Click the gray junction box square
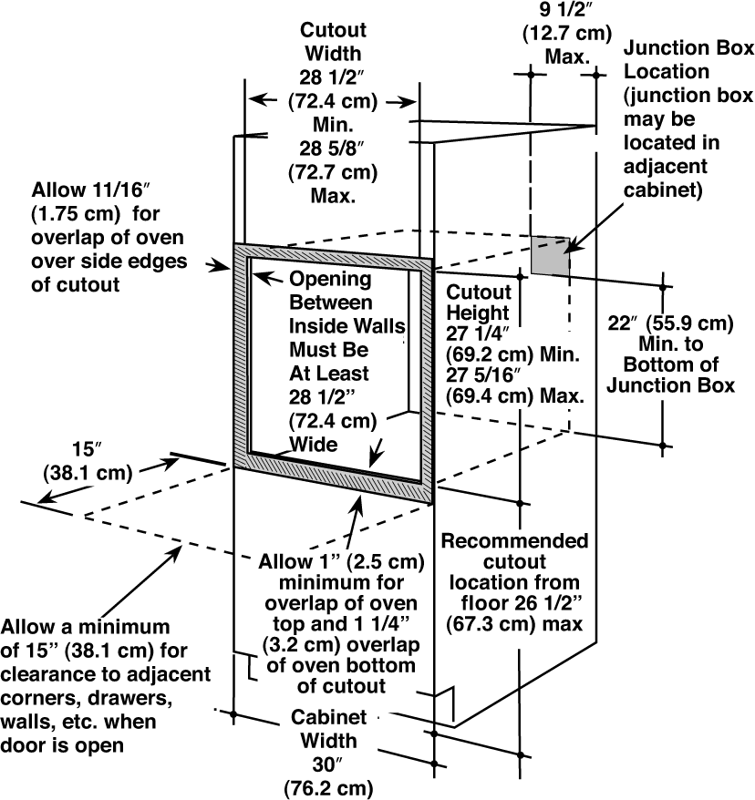pyautogui.click(x=551, y=255)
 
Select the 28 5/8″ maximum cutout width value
pyautogui.click(x=332, y=149)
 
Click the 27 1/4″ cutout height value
pyautogui.click(x=478, y=333)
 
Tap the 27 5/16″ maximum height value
pyautogui.click(x=483, y=375)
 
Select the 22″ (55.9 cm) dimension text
pyautogui.click(x=670, y=323)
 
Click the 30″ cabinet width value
pyautogui.click(x=327, y=764)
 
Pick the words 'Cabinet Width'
pyautogui.click(x=329, y=729)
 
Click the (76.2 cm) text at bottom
pyautogui.click(x=329, y=788)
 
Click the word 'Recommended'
pyautogui.click(x=514, y=541)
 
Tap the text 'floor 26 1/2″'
pyautogui.click(x=522, y=603)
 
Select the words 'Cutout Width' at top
pyautogui.click(x=333, y=42)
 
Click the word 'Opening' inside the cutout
pyautogui.click(x=330, y=280)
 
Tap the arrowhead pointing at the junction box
pyautogui.click(x=571, y=246)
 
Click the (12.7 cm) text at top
pyautogui.click(x=566, y=34)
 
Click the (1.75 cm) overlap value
pyautogui.click(x=76, y=214)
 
